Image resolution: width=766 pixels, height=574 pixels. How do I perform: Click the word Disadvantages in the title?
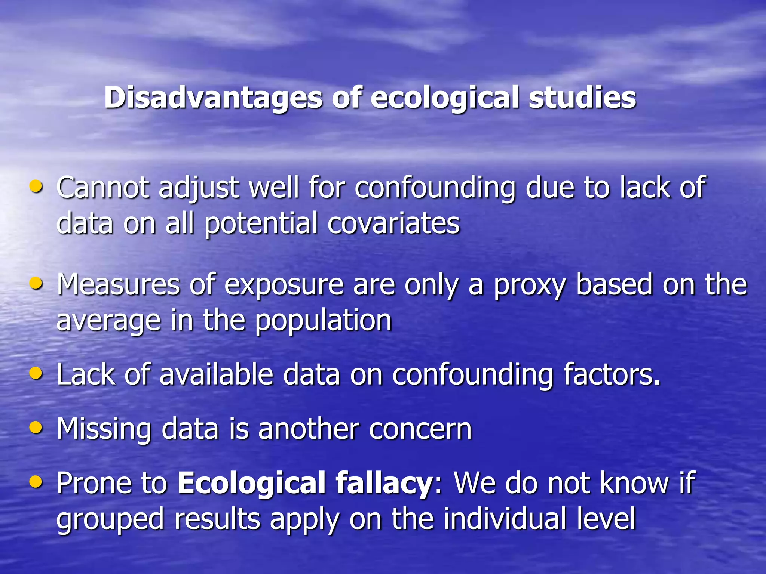point(213,98)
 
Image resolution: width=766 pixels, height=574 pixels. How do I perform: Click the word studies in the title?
point(582,98)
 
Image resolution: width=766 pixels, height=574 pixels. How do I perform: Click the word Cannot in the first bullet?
point(103,187)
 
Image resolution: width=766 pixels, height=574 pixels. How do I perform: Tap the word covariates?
point(393,223)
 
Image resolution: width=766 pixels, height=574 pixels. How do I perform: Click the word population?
point(324,321)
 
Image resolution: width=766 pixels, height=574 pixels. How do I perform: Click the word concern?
point(420,429)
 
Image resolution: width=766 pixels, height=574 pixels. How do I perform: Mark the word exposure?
point(284,285)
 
